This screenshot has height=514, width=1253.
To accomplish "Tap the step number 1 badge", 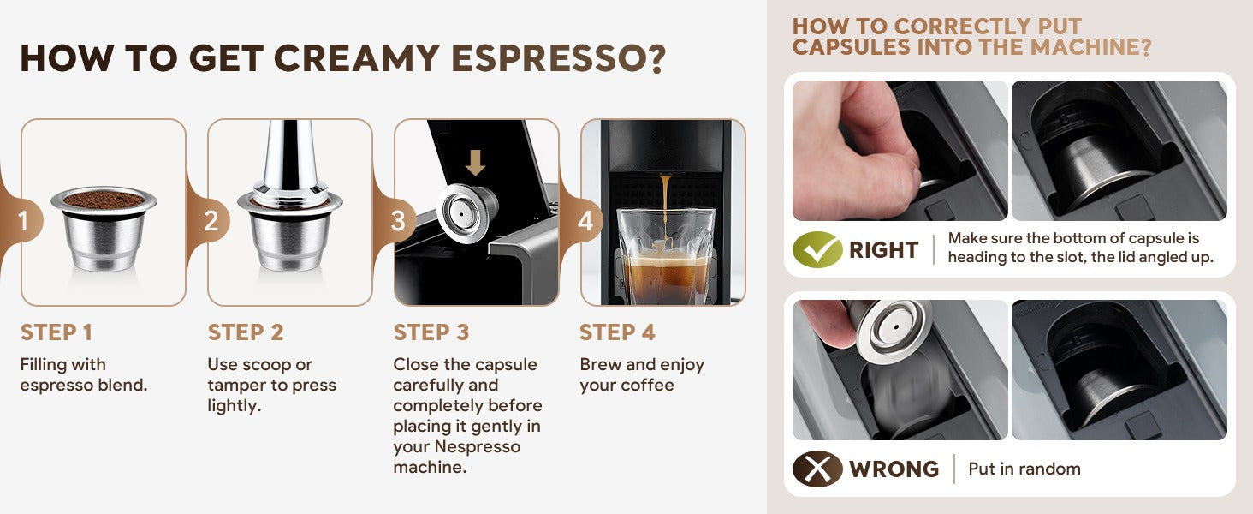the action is point(23,221).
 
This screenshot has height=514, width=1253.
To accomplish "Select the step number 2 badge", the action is point(211,221).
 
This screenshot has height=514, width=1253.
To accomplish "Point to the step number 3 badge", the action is point(398,221).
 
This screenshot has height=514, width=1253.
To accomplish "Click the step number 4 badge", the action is point(585,221).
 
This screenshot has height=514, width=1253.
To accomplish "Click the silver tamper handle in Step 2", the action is point(289,156).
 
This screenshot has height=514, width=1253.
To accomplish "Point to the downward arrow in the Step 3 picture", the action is point(476,163).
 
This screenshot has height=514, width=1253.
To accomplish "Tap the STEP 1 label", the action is point(56,332).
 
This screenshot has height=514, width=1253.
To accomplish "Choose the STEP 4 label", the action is point(617,332).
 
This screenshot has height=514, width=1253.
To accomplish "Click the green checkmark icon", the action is point(817,249).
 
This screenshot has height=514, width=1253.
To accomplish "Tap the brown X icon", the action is point(817,469).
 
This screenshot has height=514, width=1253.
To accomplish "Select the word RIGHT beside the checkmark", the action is point(884,250).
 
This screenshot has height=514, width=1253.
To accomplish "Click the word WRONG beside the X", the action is point(894,469).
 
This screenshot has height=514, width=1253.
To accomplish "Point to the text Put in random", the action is point(1024,469).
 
